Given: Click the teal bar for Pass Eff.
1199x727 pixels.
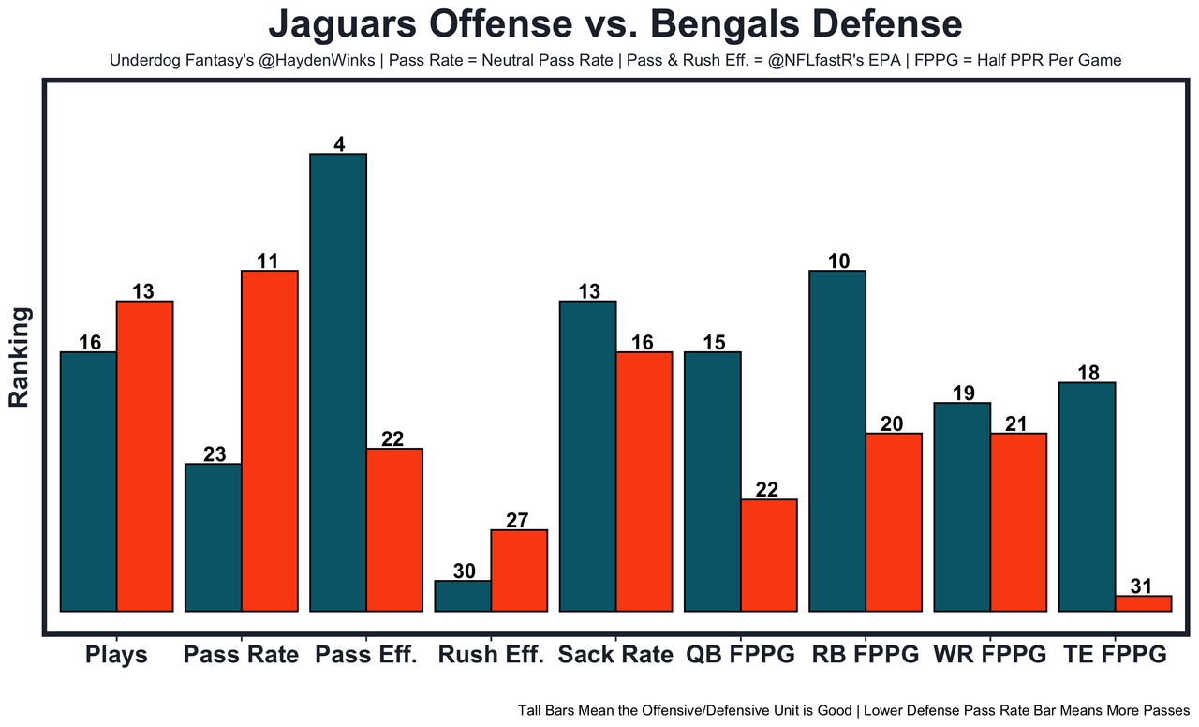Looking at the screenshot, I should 338,382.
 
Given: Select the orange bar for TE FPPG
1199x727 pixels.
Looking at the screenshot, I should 1143,603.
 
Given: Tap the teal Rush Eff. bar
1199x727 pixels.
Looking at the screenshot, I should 463,596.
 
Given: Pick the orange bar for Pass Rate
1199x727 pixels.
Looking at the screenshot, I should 270,440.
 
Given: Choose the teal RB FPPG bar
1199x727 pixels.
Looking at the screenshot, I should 837,440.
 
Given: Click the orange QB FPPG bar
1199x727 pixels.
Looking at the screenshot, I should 769,555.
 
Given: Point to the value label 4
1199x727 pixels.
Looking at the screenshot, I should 339,144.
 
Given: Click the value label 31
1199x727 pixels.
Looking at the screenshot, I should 1142,586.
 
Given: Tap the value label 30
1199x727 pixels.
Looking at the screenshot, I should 464,571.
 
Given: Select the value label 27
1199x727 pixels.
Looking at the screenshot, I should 518,520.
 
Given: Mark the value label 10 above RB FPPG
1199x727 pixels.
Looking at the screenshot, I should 838,260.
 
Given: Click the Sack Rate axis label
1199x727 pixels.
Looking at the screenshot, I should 615,654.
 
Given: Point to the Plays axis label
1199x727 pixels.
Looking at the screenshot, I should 116,654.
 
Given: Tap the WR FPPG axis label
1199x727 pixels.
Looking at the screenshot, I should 990,654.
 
